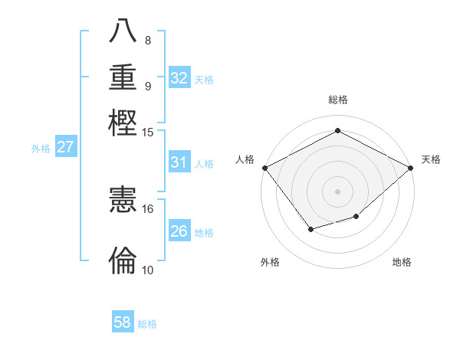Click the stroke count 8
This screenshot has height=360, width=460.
pos(147,41)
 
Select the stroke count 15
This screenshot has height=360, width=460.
pos(147,133)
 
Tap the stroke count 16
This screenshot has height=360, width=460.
pos(147,208)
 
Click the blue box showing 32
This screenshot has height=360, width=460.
pos(179,78)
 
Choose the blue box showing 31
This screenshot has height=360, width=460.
pos(179,162)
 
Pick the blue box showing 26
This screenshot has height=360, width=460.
pos(179,231)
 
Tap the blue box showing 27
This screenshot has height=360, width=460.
pos(65,147)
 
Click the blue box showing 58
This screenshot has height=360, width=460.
pos(123,322)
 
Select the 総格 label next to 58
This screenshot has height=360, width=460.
pos(147,324)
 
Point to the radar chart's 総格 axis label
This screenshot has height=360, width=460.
pos(337,100)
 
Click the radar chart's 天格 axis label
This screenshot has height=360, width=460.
pos(431,159)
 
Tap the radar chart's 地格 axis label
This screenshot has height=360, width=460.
pos(402,262)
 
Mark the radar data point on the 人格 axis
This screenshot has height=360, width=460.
pos(265,168)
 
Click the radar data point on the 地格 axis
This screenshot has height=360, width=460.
pos(356,217)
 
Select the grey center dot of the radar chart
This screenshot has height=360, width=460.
pos(337,191)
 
